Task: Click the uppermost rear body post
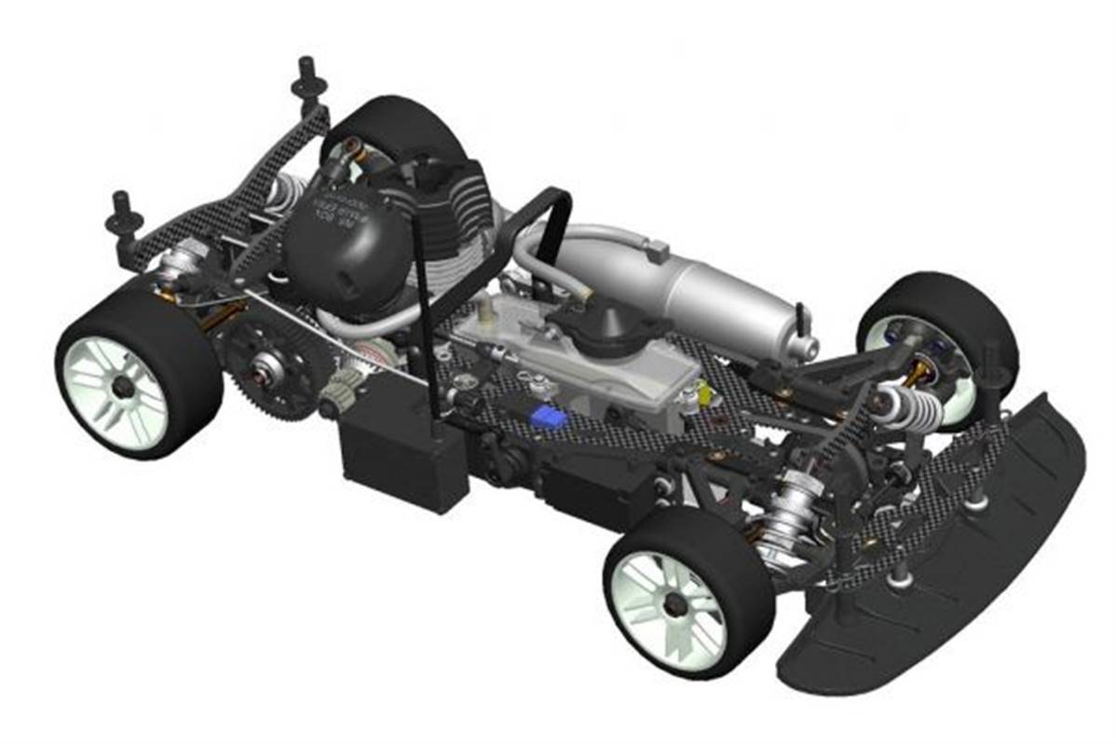click(308, 75)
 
